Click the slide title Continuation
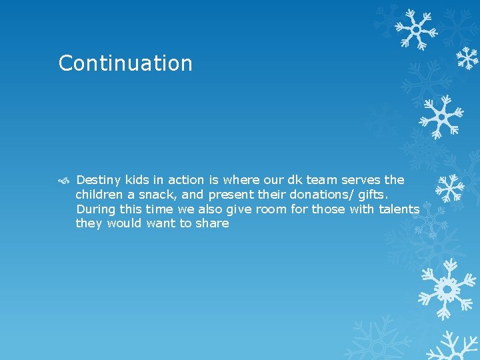click(125, 63)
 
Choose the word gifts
click(373, 195)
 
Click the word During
click(95, 209)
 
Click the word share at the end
click(213, 224)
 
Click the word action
click(186, 180)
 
